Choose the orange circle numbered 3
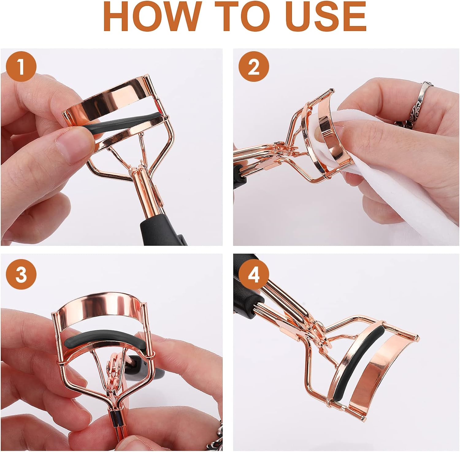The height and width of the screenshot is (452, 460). tap(21, 274)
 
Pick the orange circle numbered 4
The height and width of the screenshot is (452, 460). tap(254, 274)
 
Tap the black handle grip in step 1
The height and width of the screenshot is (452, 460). tap(163, 228)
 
